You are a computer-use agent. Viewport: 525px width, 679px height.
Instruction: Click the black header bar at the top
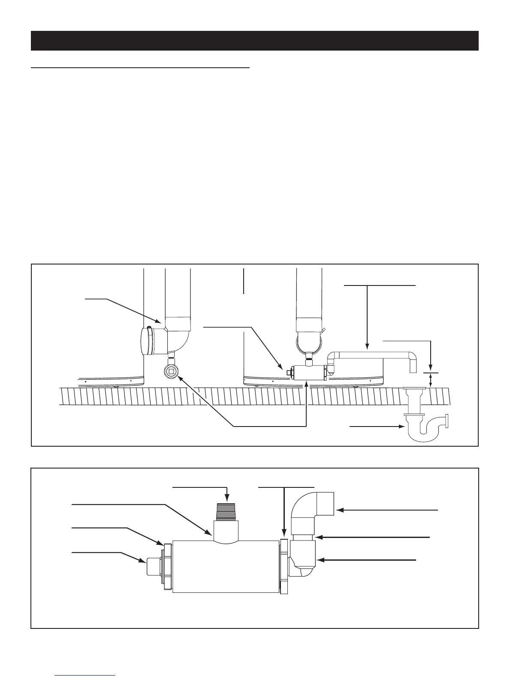point(254,41)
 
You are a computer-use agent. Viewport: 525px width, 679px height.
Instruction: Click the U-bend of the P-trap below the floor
point(421,435)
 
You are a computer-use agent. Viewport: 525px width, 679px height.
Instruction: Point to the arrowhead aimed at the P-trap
point(402,427)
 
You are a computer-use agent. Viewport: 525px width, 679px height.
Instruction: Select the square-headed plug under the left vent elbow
point(172,370)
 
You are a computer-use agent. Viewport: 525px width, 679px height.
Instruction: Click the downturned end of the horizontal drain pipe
point(413,365)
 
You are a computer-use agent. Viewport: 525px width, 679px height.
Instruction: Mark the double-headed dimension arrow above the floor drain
point(431,380)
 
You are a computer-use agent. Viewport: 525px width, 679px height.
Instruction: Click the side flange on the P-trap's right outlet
point(447,421)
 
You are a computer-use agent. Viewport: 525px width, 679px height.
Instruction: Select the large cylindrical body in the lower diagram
point(225,566)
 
